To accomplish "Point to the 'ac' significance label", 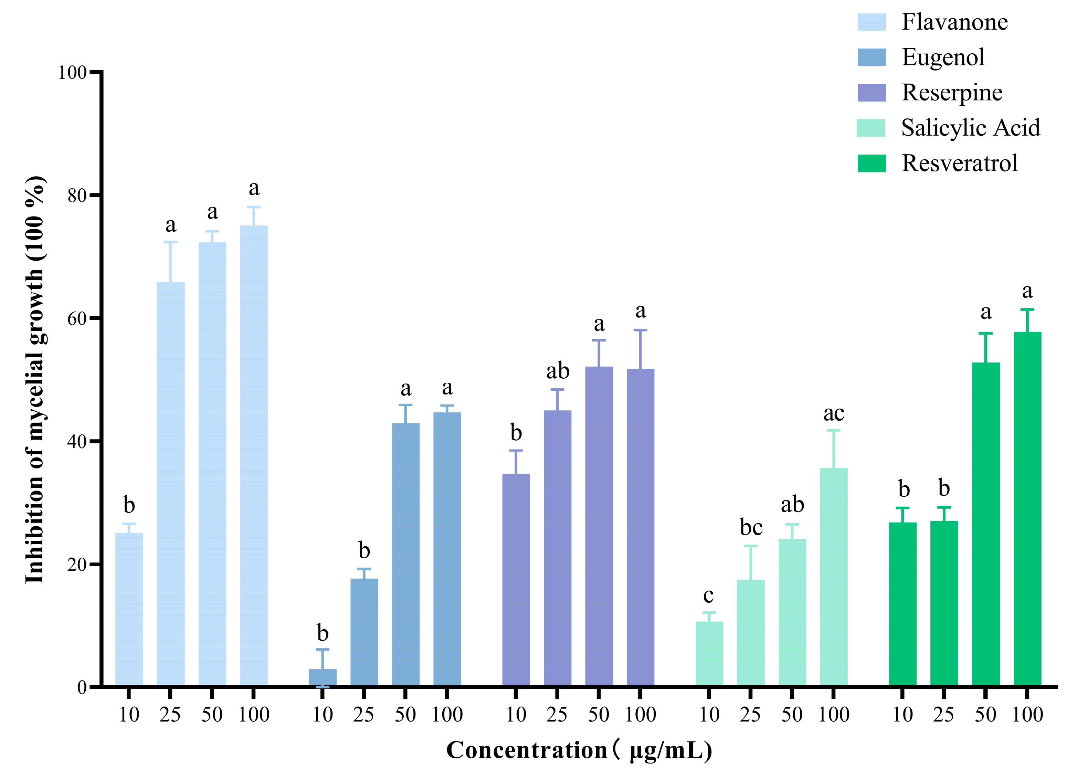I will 834,413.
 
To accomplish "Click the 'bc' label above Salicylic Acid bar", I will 751,528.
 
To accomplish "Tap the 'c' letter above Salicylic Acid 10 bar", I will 709,595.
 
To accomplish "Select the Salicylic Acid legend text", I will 971,128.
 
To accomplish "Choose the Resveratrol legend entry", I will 960,163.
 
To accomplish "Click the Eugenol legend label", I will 943,57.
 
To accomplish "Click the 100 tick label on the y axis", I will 72,73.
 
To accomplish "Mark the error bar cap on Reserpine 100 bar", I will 640,330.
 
